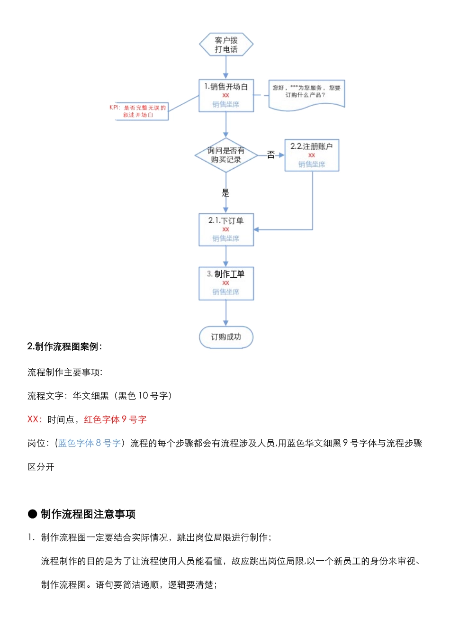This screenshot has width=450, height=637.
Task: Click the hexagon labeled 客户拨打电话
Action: (226, 45)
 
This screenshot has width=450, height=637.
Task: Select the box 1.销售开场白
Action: (226, 95)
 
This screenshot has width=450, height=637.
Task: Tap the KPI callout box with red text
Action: (142, 111)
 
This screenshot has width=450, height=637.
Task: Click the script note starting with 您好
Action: (306, 94)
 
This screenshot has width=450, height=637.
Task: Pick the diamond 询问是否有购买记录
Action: (226, 155)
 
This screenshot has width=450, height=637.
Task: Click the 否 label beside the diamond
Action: (271, 155)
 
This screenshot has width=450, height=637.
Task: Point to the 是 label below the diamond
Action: (225, 192)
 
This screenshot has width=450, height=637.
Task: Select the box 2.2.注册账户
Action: (312, 155)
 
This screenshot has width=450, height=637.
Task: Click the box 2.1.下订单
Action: (226, 229)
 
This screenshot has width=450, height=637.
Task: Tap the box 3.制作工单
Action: (226, 283)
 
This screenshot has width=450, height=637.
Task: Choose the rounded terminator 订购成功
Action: (226, 337)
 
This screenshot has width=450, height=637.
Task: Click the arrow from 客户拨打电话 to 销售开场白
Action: (226, 68)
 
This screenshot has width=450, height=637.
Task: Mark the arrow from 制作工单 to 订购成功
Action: (226, 313)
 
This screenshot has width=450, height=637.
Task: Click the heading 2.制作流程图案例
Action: (64, 346)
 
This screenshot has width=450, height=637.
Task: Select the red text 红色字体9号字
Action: (115, 419)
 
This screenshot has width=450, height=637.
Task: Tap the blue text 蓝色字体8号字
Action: (90, 443)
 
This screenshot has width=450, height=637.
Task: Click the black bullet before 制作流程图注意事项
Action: (32, 514)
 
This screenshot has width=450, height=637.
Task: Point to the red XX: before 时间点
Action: (35, 419)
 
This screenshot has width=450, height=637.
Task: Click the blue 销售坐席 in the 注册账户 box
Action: (312, 164)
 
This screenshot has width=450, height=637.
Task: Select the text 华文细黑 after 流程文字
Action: (90, 396)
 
